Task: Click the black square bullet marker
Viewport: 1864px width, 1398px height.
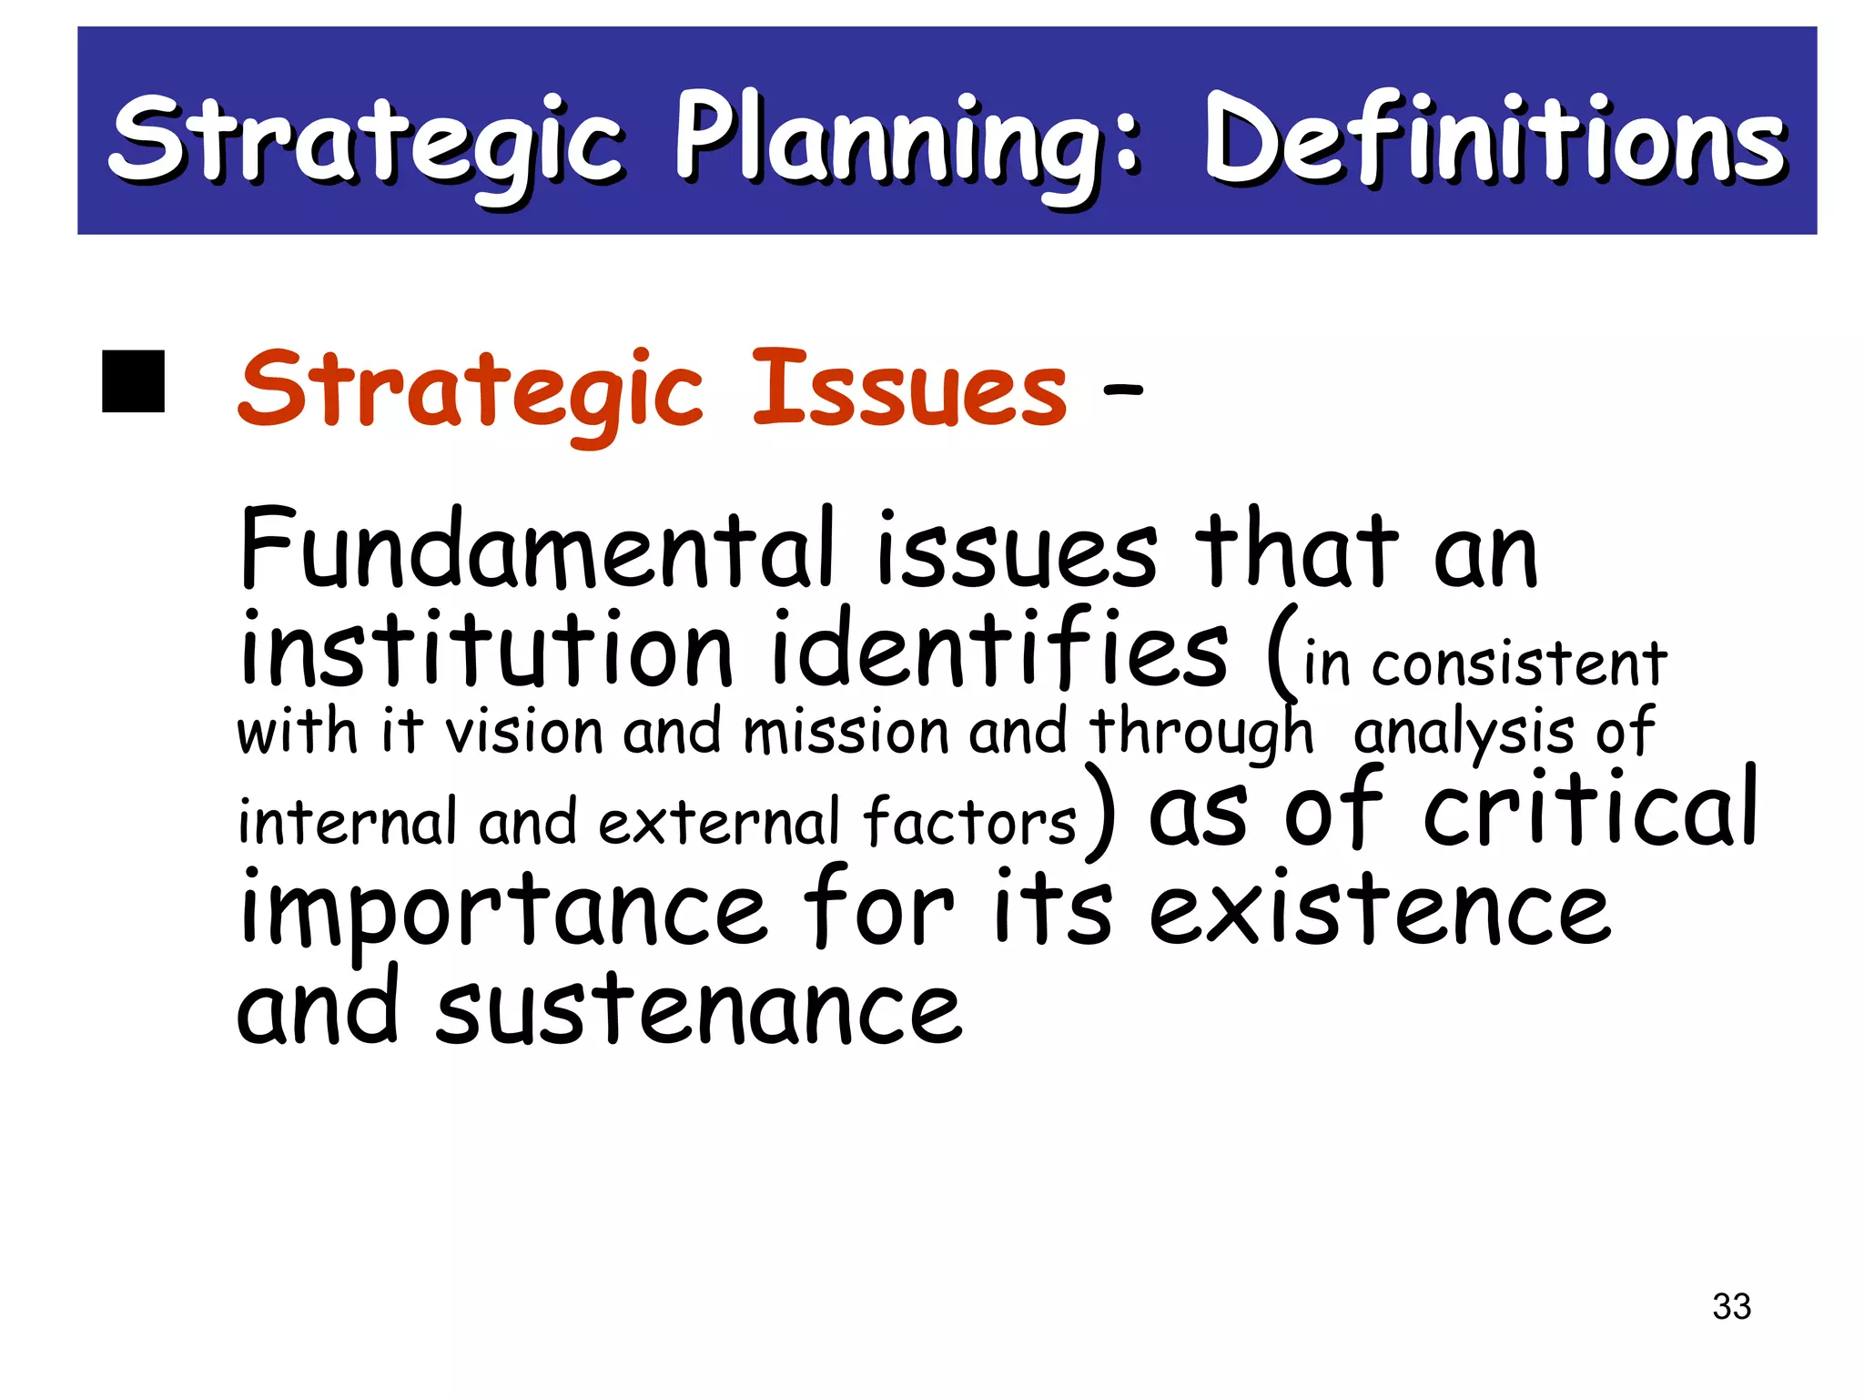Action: pos(133,380)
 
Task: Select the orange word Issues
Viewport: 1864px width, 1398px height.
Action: pos(909,390)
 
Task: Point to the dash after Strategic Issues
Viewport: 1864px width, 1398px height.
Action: pos(1121,390)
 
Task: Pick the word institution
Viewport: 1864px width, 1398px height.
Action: pos(485,648)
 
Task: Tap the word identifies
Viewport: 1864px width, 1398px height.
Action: pos(999,648)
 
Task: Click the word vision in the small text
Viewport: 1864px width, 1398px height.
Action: pos(524,732)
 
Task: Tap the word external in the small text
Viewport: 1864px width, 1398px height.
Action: pos(719,822)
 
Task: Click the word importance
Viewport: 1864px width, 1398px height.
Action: pos(503,910)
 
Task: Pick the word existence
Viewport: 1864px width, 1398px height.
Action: pos(1379,910)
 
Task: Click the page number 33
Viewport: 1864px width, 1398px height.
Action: pos(1731,1306)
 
